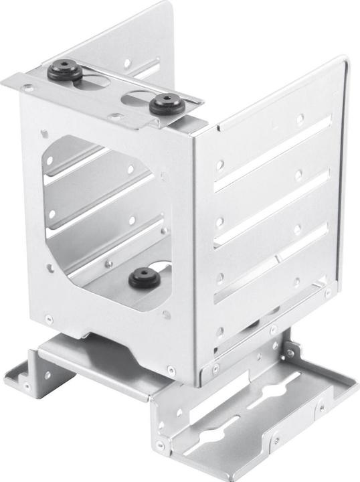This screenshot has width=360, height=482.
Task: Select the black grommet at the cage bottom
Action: [x=141, y=274]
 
